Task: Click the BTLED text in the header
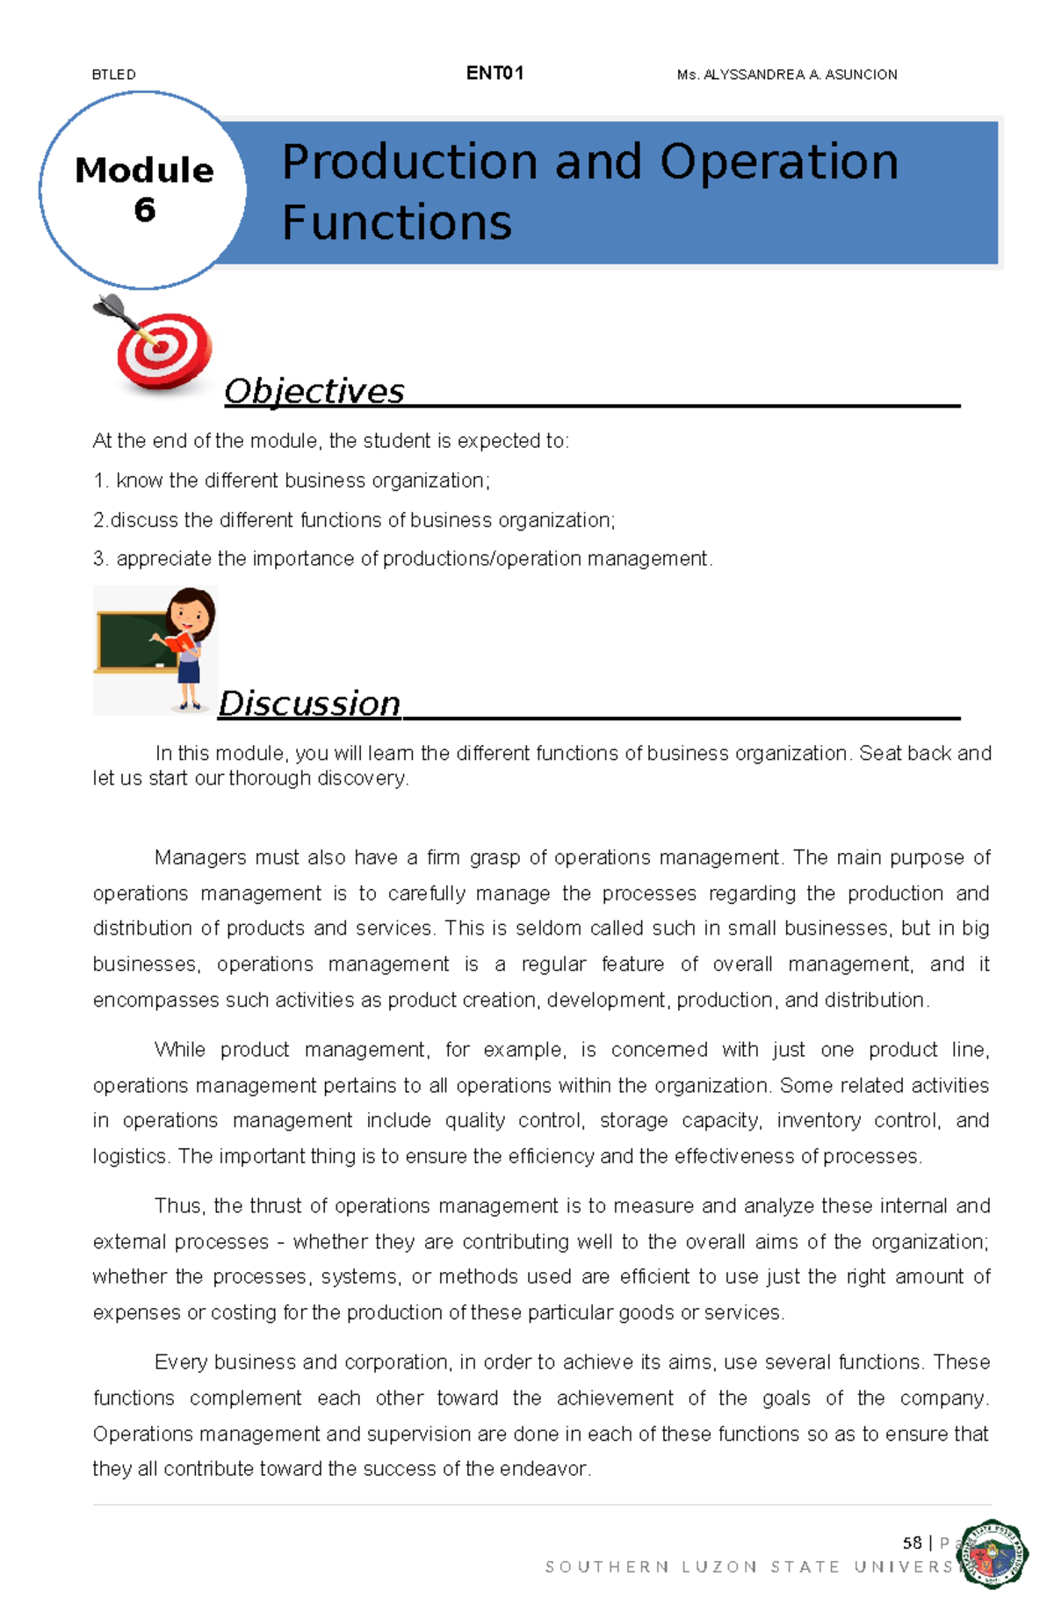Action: click(x=113, y=75)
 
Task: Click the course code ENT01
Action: click(x=495, y=74)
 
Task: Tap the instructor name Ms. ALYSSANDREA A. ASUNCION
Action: click(x=787, y=75)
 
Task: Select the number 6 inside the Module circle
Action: click(x=144, y=210)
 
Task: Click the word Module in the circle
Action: click(x=144, y=170)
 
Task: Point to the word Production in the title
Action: click(x=409, y=163)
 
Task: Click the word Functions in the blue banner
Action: click(x=396, y=222)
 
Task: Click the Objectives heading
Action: click(x=314, y=391)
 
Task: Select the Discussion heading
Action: click(x=309, y=704)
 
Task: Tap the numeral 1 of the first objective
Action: click(x=98, y=481)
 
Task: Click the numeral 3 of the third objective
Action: click(x=98, y=559)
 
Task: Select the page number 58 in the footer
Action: click(x=912, y=1543)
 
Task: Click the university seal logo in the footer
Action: click(x=993, y=1553)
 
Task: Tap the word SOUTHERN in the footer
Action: click(x=606, y=1567)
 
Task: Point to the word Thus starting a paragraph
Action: click(x=177, y=1206)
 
